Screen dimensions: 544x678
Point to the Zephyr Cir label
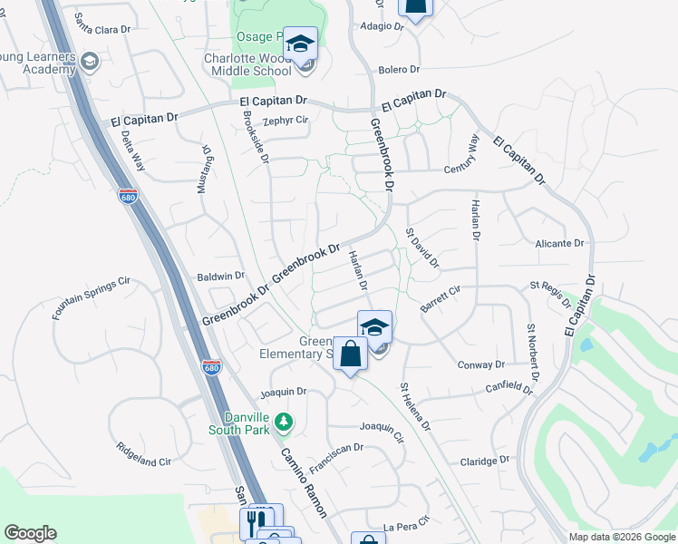pyautogui.click(x=286, y=120)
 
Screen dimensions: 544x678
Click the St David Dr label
pyautogui.click(x=421, y=248)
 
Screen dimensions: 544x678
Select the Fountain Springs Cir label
pyautogui.click(x=91, y=297)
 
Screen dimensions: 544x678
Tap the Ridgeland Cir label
pyautogui.click(x=143, y=454)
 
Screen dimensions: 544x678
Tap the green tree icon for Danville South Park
pyautogui.click(x=284, y=422)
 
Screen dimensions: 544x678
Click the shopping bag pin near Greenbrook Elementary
pyautogui.click(x=351, y=354)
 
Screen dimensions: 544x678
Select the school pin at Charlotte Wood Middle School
pyautogui.click(x=300, y=43)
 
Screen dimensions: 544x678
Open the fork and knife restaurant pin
pyautogui.click(x=257, y=523)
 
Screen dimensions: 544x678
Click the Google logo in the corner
pyautogui.click(x=30, y=533)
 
